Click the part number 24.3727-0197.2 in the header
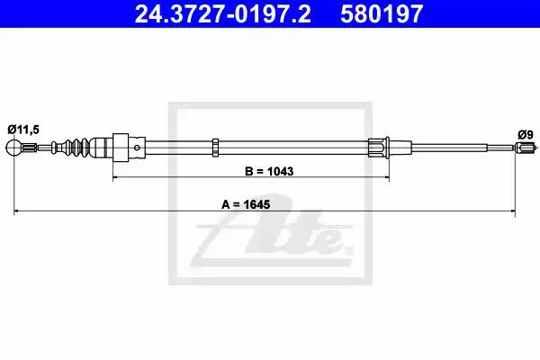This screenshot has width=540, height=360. [x=222, y=13]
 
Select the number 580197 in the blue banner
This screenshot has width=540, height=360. [x=382, y=13]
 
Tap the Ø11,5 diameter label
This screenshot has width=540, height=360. [x=23, y=130]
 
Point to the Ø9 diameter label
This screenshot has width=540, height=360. [x=526, y=134]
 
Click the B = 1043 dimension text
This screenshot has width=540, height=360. [x=269, y=171]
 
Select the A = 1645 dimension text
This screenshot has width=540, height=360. [x=246, y=204]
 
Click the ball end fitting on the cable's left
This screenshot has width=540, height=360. [x=13, y=148]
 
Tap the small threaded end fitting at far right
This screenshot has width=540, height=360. [x=526, y=148]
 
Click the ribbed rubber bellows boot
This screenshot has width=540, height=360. [x=76, y=148]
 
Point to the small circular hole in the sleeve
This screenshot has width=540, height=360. [x=137, y=148]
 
